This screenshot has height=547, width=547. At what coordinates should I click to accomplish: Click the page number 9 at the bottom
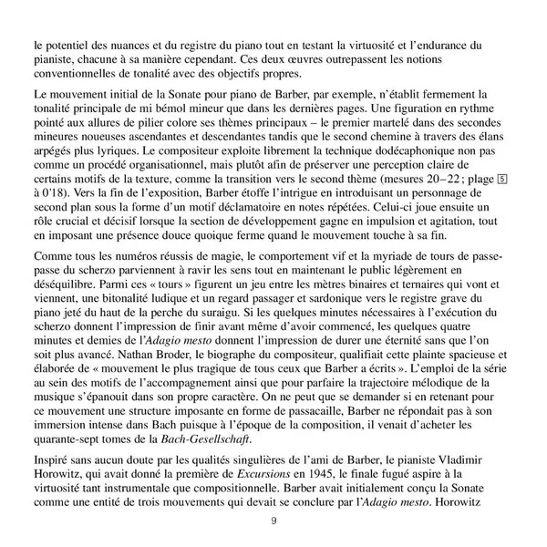(x=273, y=521)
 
